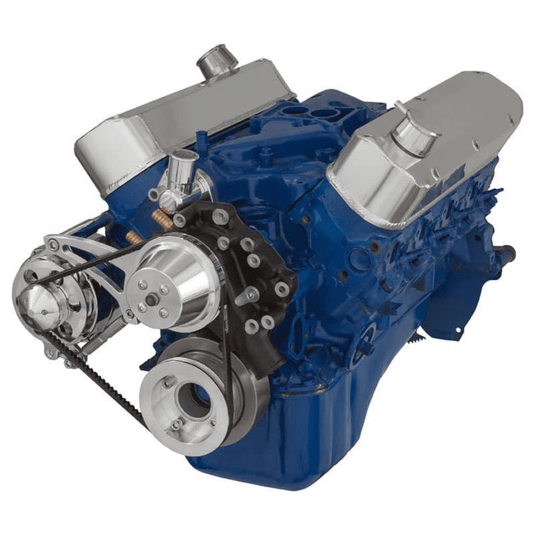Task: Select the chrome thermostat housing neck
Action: pyautogui.click(x=181, y=171)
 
